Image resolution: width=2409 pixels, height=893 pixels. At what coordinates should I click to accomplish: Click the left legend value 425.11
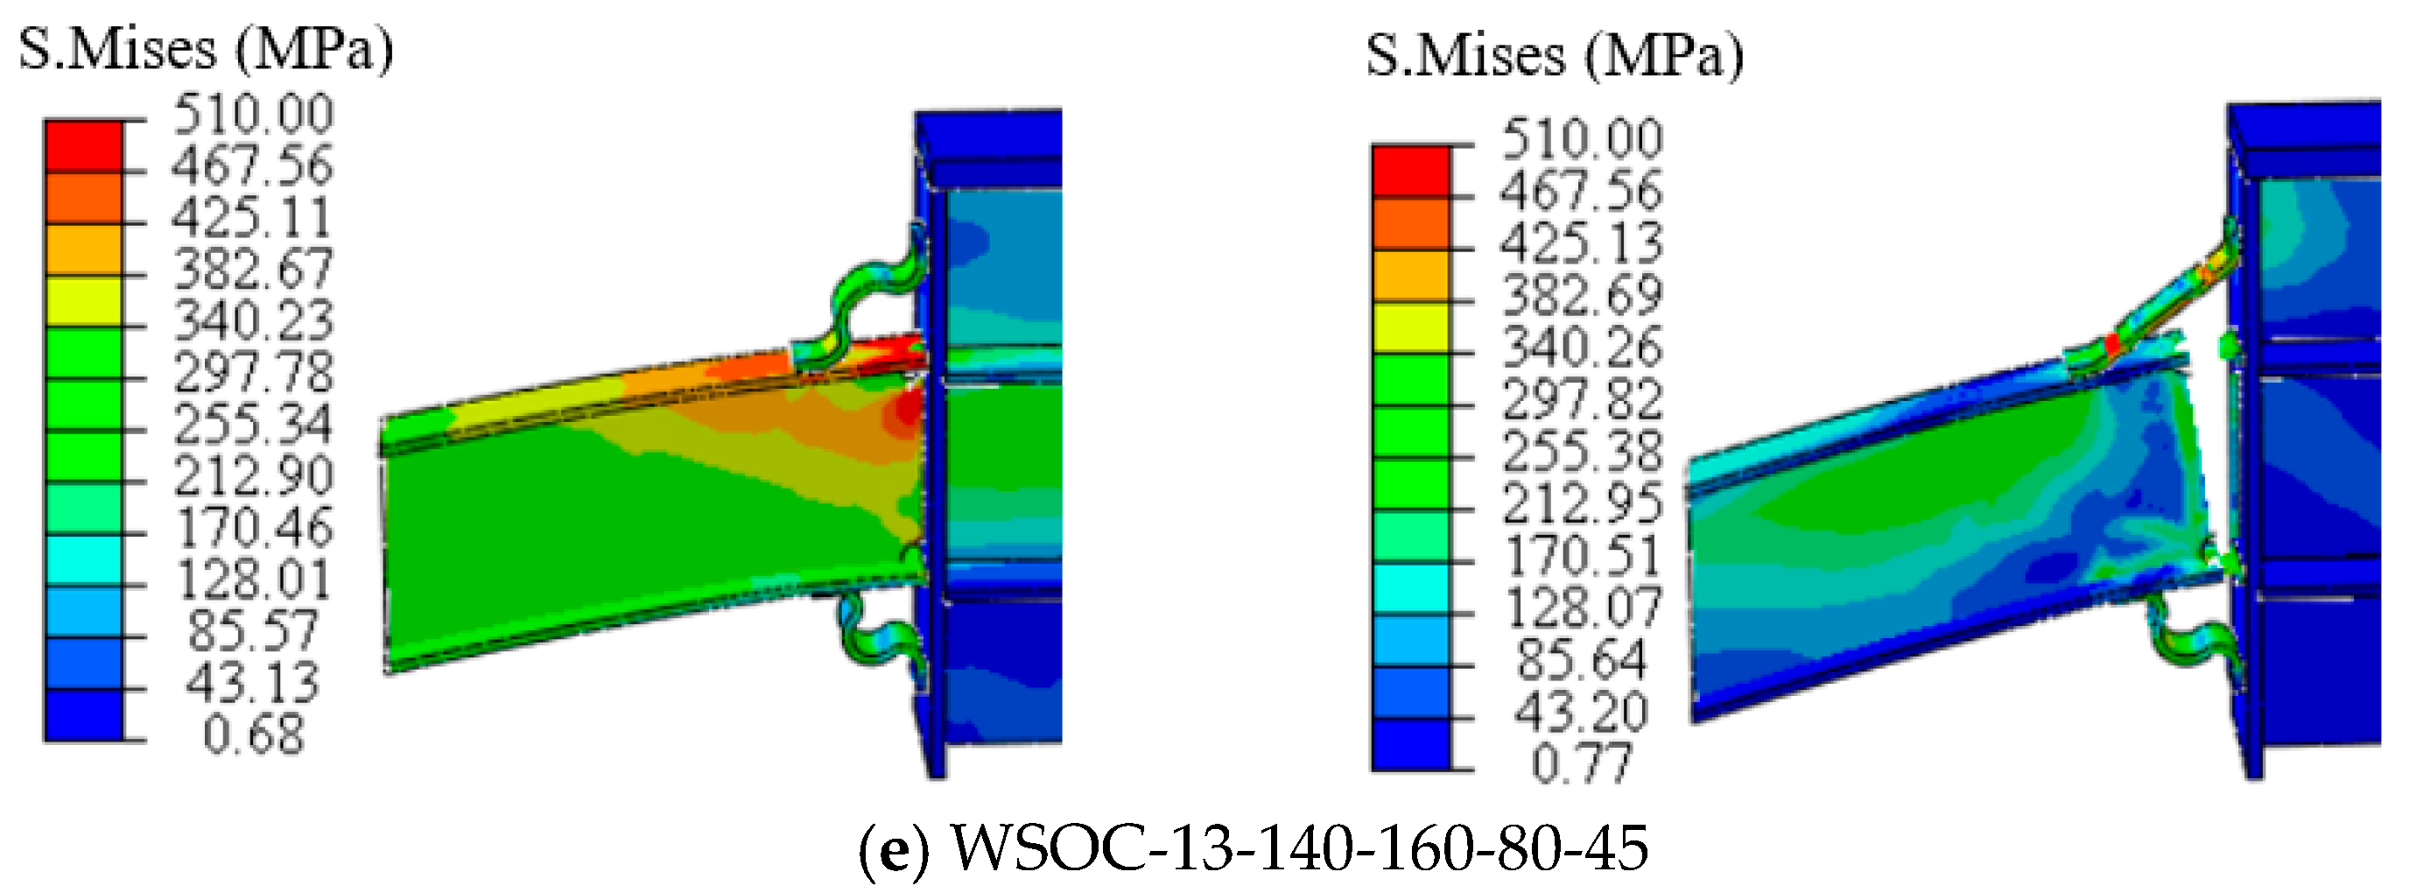[251, 218]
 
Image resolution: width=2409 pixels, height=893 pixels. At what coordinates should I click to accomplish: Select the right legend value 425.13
[1583, 243]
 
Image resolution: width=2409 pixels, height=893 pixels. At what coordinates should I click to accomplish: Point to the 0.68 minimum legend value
[255, 734]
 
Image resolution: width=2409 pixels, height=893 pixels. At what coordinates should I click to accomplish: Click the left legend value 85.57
[254, 630]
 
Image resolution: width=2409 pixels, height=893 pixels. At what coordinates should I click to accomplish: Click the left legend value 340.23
[254, 320]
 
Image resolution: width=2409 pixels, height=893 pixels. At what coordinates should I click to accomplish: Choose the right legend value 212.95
[1583, 503]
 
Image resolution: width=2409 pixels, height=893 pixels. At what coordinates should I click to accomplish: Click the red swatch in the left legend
[83, 147]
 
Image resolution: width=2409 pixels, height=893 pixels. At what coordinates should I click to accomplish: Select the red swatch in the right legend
[1411, 171]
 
